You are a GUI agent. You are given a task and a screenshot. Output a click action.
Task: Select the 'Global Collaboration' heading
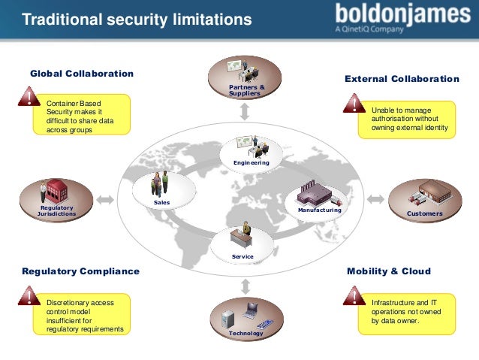click(x=81, y=74)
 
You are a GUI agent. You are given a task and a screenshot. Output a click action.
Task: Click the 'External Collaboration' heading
click(x=402, y=79)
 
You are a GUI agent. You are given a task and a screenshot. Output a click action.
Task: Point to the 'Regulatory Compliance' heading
click(x=81, y=271)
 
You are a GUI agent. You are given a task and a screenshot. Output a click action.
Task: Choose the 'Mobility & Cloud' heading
click(x=389, y=271)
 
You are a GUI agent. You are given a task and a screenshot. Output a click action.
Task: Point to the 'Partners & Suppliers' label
click(x=245, y=91)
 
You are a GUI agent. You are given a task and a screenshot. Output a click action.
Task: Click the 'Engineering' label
click(x=246, y=162)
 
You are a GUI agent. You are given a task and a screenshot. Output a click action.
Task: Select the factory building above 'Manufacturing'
click(x=315, y=194)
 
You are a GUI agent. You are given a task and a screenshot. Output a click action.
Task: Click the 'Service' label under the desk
click(x=243, y=257)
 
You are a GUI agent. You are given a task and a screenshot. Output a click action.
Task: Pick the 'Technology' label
click(x=246, y=333)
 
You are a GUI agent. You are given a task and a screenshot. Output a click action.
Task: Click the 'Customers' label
click(x=424, y=213)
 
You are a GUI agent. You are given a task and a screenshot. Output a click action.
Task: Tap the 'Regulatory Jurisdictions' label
click(x=56, y=210)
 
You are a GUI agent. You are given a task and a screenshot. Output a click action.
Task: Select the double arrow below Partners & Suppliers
click(x=245, y=112)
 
